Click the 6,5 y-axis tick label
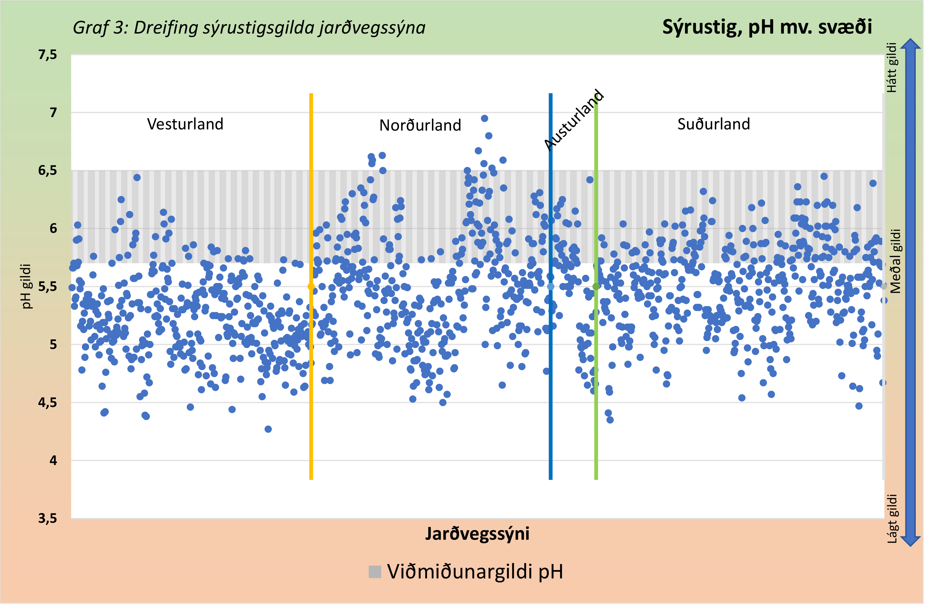click(47, 171)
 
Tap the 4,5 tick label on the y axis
click(47, 402)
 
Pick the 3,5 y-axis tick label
click(47, 519)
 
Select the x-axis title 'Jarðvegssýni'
click(478, 534)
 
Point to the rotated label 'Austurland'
click(574, 120)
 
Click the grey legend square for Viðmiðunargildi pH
click(375, 572)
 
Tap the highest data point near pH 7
click(485, 118)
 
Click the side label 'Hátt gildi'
click(892, 68)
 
